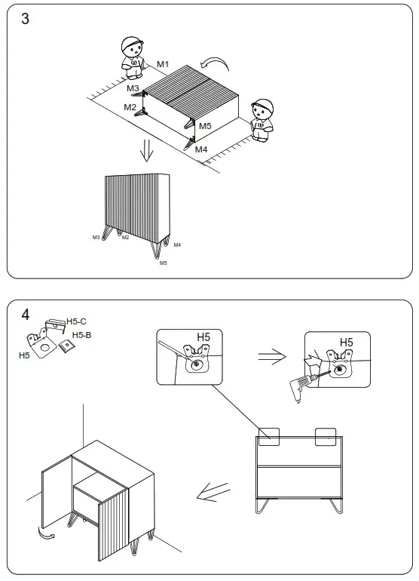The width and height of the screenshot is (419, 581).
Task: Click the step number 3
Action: pos(25,20)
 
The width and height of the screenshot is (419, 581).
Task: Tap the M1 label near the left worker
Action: pos(164,65)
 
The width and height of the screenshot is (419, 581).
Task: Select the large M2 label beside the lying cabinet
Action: pos(130,107)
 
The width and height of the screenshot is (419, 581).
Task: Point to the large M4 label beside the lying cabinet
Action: pos(201,149)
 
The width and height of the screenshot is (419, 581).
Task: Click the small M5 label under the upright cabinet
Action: pos(163,263)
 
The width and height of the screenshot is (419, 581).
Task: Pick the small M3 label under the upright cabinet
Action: pos(96,237)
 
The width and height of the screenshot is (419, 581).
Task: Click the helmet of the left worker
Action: pos(133,45)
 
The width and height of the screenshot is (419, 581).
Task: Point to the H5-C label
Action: pos(77,321)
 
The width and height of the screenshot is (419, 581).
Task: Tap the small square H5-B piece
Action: pos(66,347)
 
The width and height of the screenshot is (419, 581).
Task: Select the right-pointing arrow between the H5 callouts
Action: pos(271,358)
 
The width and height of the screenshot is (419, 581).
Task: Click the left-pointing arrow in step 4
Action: pos(214,493)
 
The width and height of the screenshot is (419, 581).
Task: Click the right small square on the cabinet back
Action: pos(326,435)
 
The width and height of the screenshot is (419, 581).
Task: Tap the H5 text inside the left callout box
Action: pos(203,337)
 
